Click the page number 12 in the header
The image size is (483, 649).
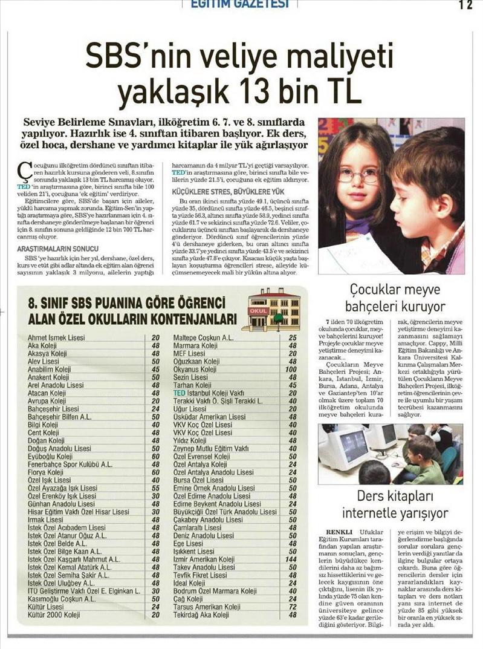[x=465, y=5]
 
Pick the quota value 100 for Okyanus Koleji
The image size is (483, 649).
[x=292, y=369]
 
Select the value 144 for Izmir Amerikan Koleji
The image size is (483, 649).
[x=292, y=559]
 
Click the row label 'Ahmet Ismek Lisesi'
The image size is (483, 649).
[x=57, y=338]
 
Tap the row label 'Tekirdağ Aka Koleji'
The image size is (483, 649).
[x=201, y=615]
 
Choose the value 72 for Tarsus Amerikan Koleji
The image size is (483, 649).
[x=293, y=607]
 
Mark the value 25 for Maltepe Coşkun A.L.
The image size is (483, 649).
[x=293, y=338]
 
